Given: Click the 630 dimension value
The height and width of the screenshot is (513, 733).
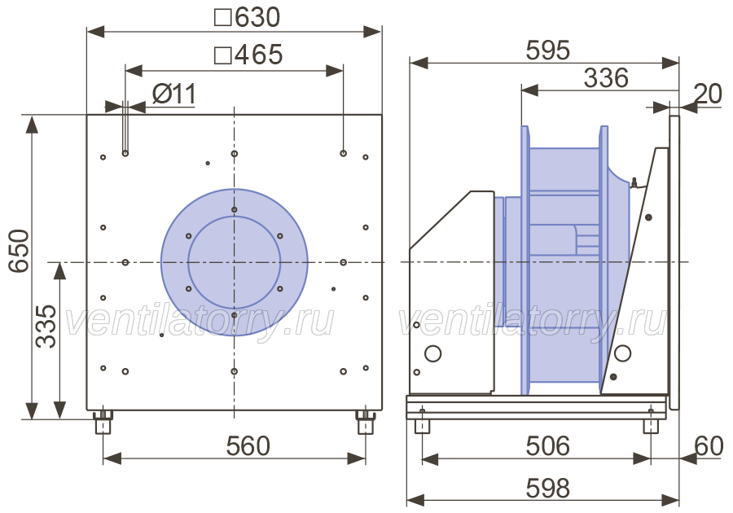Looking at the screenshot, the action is click(257, 17).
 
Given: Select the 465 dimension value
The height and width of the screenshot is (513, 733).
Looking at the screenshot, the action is click(258, 55).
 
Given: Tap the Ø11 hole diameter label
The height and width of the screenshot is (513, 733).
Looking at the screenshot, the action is click(174, 94).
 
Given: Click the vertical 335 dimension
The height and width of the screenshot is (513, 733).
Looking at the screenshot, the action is click(46, 326).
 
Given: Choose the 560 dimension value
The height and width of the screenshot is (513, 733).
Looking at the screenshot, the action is click(248, 446).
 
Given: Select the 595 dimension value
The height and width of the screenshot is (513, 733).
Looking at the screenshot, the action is click(548, 50).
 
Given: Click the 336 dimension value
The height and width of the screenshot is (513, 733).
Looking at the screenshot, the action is click(606, 78).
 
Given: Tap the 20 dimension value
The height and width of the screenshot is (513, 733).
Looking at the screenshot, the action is click(709, 94).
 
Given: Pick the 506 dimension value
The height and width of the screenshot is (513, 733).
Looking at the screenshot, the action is click(548, 446).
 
